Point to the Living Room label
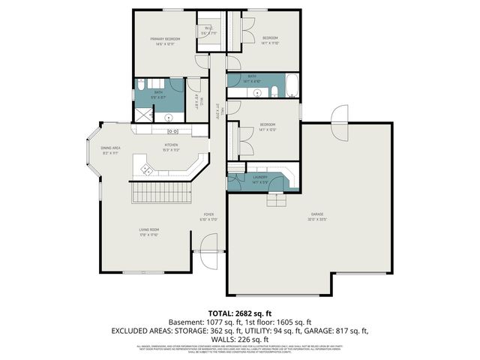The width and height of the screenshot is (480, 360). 148,232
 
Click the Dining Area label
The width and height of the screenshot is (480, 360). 110,150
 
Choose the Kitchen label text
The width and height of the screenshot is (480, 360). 172,148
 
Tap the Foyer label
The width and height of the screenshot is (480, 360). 208,217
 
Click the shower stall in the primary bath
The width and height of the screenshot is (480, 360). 142,114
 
